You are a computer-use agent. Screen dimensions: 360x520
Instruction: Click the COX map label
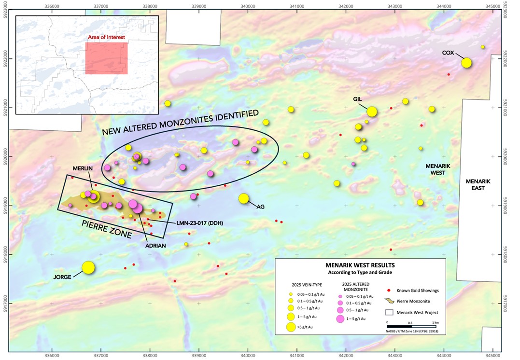tap(448, 53)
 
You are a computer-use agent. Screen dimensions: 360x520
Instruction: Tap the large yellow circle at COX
tap(466, 63)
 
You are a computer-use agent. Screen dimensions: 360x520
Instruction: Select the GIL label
tap(357, 99)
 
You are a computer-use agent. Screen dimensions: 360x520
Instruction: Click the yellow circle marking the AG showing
tap(244, 198)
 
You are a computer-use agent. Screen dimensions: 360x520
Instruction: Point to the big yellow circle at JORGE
tap(88, 267)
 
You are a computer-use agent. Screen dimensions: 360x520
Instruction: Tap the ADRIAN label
tap(156, 246)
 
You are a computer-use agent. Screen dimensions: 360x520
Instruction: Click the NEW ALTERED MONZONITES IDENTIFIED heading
tap(180, 122)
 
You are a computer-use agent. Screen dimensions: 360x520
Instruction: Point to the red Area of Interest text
tap(106, 37)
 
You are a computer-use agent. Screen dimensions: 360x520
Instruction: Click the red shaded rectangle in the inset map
tap(106, 58)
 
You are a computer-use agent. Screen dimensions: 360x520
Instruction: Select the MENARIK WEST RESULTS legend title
tap(360, 265)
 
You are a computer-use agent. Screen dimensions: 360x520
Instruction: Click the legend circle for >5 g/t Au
tap(291, 327)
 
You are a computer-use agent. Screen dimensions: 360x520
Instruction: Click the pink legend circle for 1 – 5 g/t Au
tap(340, 318)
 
